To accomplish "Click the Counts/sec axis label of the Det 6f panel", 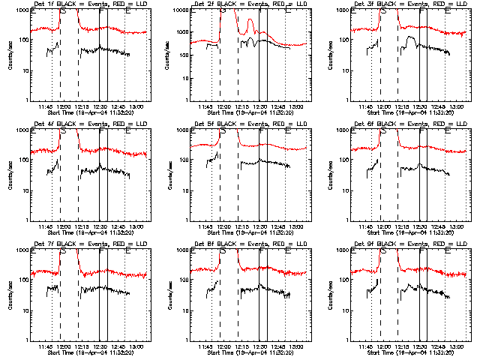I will tap(331, 175).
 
